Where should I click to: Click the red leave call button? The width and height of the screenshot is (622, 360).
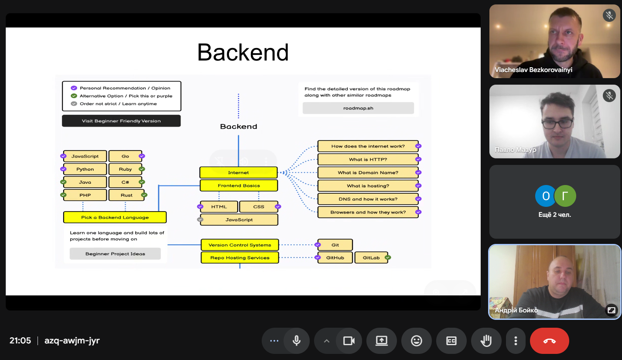tap(549, 341)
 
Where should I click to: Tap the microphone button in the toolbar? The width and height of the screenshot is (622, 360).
tap(297, 341)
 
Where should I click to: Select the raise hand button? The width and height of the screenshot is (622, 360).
tap(486, 341)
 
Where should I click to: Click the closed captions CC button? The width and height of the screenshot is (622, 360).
tap(451, 341)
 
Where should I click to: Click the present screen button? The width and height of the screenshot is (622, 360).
tap(382, 341)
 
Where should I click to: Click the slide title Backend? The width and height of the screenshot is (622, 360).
tap(243, 52)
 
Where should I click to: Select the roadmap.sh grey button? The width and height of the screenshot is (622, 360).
tap(358, 108)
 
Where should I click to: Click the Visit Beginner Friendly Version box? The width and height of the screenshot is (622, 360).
tap(121, 121)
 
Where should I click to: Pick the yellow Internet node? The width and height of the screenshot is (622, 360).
tap(239, 172)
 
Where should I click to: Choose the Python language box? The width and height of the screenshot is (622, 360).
tap(85, 169)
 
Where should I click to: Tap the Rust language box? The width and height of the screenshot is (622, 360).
tap(126, 195)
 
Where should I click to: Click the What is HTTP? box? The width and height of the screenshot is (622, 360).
tap(368, 159)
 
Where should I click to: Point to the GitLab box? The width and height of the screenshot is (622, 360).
tap(371, 257)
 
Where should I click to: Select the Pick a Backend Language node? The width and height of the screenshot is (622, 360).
tap(115, 217)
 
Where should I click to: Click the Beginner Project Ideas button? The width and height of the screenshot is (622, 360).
tap(115, 254)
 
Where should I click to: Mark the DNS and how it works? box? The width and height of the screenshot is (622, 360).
tap(368, 199)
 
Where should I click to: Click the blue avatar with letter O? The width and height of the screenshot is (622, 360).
tap(546, 196)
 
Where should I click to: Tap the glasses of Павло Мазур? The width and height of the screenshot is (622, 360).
tap(557, 123)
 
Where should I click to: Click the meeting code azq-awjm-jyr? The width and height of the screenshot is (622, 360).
tap(72, 340)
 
